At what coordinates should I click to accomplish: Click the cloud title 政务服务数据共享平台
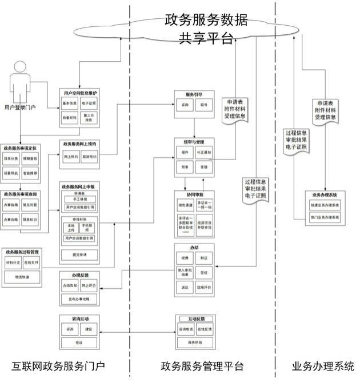pyautogui.click(x=206, y=29)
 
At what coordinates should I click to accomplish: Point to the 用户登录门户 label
pyautogui.click(x=20, y=107)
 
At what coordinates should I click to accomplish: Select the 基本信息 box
pyautogui.click(x=70, y=104)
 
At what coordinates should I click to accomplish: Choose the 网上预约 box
pyautogui.click(x=71, y=156)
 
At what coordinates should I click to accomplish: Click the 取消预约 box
pyautogui.click(x=90, y=156)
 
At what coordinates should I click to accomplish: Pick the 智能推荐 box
pyautogui.click(x=30, y=172)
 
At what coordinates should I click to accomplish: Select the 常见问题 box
pyautogui.click(x=30, y=204)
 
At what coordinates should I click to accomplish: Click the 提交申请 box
pyautogui.click(x=80, y=253)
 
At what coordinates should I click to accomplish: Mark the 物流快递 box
pyautogui.click(x=22, y=277)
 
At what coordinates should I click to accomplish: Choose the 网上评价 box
pyautogui.click(x=89, y=285)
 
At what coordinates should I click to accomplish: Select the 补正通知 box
pyautogui.click(x=204, y=153)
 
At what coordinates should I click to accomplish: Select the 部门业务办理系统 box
pyautogui.click(x=325, y=218)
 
